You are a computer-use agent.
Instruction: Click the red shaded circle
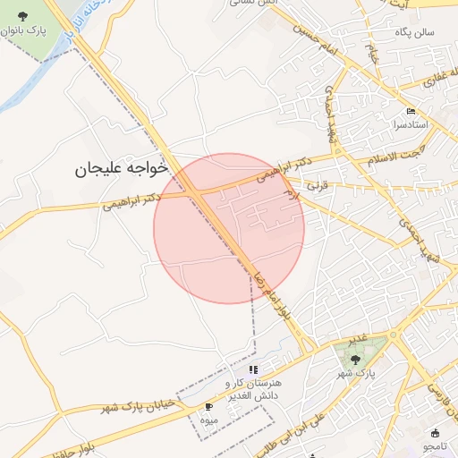coord(229,228)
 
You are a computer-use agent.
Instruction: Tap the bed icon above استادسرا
coord(411,111)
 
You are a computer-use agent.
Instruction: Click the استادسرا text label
coord(411,124)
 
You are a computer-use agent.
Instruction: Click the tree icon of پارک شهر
coord(355,360)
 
